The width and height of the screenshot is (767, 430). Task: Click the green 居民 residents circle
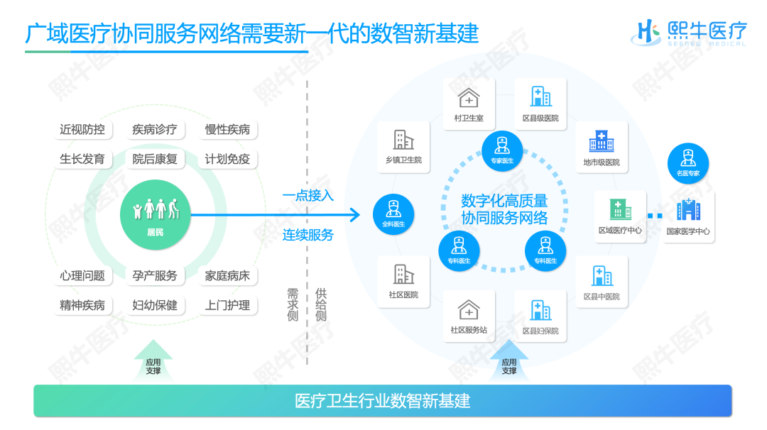point(155,214)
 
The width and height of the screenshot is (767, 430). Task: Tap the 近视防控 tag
point(82,129)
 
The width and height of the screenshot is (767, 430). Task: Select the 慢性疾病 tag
point(227,129)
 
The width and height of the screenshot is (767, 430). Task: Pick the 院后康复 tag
point(155,159)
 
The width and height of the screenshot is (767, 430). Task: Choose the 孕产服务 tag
point(155,275)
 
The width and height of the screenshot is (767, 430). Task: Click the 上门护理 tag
point(227,305)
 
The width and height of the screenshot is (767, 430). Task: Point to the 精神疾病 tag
point(82,305)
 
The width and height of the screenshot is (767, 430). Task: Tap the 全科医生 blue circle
point(393,214)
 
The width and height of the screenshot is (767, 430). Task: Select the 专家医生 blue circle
point(502,151)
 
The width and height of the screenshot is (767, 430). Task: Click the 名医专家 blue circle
point(687,163)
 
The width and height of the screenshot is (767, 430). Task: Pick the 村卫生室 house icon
point(469,98)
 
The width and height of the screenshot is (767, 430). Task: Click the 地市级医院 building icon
point(602,140)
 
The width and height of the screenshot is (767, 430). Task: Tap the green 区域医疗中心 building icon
point(620,209)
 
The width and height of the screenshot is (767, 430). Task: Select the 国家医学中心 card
point(687,217)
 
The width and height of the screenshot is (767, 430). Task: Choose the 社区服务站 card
point(469,316)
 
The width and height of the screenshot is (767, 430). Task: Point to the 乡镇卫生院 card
point(403,147)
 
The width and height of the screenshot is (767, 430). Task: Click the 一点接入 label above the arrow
point(308,196)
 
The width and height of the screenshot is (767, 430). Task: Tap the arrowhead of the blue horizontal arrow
point(356,214)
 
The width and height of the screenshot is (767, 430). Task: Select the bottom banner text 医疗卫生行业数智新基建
point(383,401)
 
